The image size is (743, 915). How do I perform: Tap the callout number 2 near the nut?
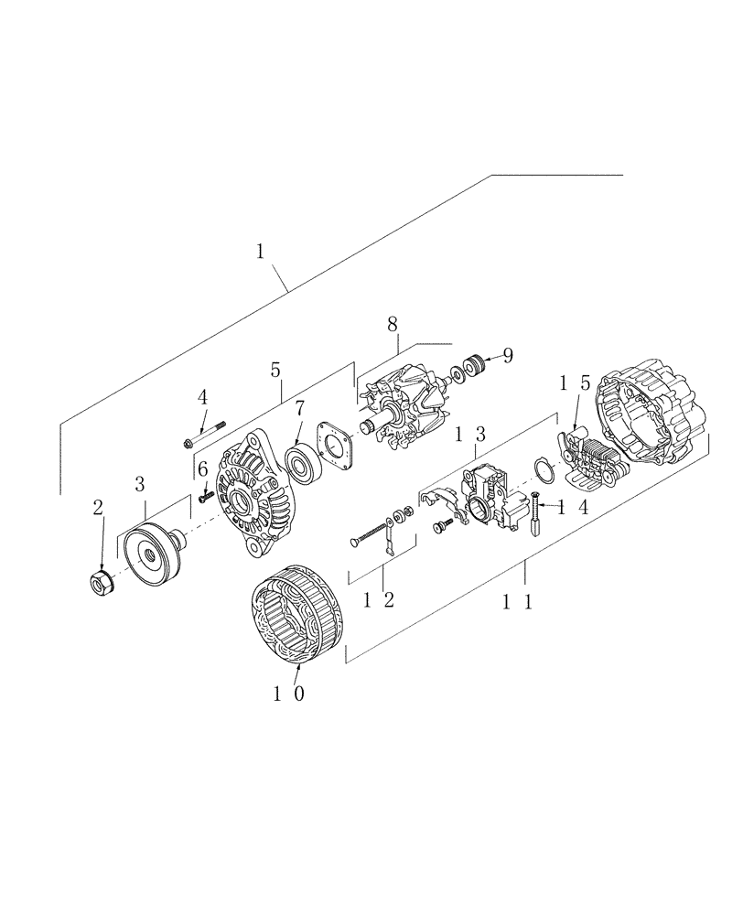tap(98, 508)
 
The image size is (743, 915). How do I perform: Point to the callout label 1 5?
tap(571, 381)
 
